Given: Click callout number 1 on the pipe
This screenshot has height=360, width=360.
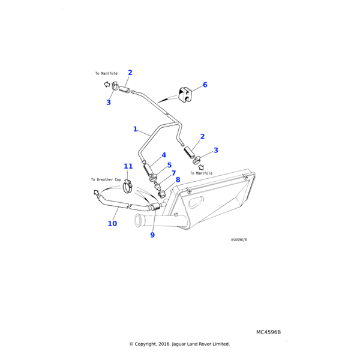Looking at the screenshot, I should (135, 129).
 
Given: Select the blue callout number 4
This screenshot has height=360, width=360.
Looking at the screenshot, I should (164, 155).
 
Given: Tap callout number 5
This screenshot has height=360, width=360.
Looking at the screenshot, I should (169, 165).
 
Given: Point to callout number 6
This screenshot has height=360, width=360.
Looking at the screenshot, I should (205, 85).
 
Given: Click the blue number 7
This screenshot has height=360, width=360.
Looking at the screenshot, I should (173, 173).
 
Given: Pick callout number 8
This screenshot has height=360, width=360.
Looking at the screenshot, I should (178, 179).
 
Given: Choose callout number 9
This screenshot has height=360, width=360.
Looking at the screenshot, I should (152, 235).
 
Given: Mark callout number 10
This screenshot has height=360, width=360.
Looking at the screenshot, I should (112, 224).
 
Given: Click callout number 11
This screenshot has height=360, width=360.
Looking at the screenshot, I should (128, 166).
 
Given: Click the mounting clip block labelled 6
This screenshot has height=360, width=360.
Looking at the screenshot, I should (184, 94).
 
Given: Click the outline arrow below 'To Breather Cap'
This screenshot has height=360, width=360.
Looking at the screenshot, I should (96, 193).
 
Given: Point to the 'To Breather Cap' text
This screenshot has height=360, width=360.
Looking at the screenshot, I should (106, 179).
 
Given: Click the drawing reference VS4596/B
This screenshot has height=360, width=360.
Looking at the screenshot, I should (239, 239).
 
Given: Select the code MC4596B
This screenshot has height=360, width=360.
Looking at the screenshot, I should (268, 332).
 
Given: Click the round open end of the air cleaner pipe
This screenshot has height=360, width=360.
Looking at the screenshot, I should (138, 221).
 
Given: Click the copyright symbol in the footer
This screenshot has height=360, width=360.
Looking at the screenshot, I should (131, 344).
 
